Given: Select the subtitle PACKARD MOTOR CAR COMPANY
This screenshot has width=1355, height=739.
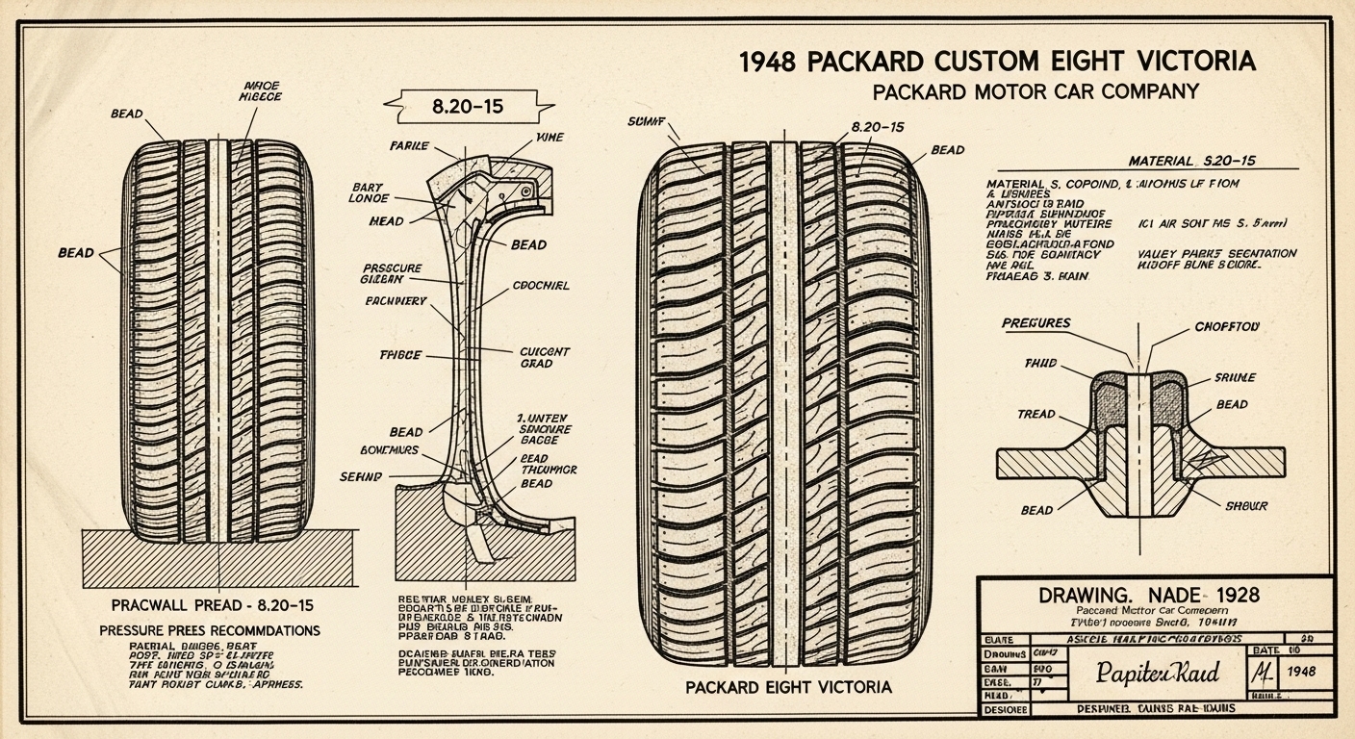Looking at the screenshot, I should pos(1035,92).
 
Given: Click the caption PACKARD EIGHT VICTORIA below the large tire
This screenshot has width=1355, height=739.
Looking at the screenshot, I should pos(788,687).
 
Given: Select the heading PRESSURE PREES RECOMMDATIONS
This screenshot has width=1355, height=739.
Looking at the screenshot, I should pos(210,630).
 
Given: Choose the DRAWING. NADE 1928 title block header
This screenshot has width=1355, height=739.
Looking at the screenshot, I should pos(1149,596).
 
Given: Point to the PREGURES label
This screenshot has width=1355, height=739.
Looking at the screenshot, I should pos(1035,323).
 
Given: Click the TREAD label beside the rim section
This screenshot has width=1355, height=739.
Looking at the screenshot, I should pos(1035,414).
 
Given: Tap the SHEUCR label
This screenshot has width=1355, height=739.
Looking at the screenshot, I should pos(1246,505).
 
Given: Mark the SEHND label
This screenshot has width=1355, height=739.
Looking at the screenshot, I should pos(361,476).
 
